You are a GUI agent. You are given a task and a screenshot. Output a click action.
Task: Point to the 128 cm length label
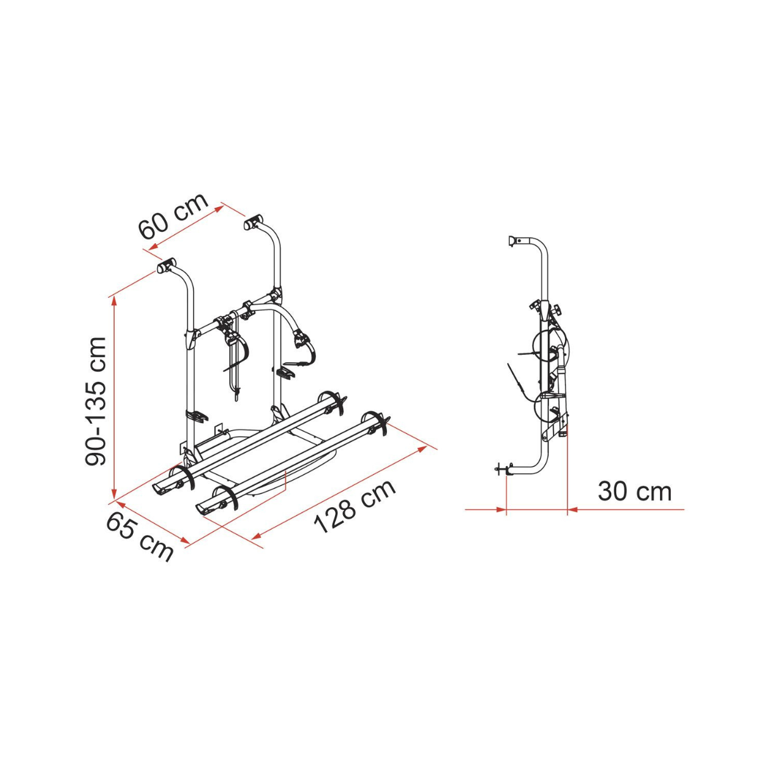point(355,507)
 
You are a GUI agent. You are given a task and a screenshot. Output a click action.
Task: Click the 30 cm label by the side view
point(635,492)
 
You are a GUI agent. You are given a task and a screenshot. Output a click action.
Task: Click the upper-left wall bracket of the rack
point(167,265)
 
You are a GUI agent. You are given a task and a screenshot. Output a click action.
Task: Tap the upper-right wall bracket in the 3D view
point(254,222)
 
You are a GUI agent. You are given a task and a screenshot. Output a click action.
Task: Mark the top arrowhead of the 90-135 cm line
point(115,301)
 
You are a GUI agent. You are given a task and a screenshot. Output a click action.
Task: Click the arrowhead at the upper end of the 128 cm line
point(422,449)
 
